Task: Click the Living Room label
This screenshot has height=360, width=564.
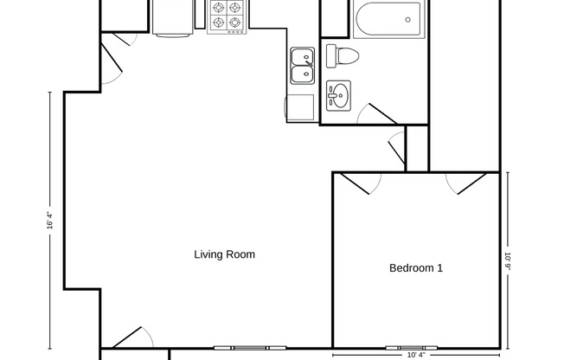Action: [224, 254]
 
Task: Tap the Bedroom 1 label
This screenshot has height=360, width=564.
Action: [416, 268]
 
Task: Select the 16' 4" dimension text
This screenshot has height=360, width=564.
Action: [51, 221]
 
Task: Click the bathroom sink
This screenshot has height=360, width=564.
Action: [337, 95]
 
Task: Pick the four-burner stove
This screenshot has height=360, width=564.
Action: [228, 16]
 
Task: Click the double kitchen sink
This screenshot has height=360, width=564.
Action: [302, 66]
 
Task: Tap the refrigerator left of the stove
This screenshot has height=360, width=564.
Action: [173, 16]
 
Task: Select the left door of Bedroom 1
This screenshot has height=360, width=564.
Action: [356, 183]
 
